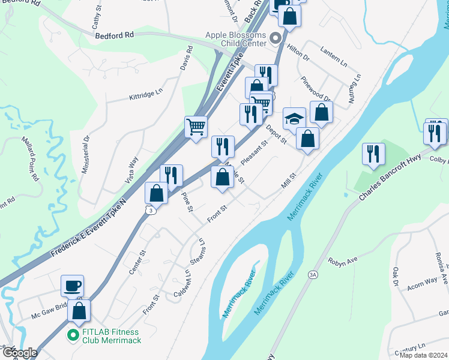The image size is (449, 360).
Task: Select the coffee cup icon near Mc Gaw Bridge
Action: tap(72, 286)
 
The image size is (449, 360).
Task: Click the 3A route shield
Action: tap(313, 274)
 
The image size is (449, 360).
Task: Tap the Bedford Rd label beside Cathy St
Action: tap(114, 35)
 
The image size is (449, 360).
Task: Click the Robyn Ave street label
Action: tap(343, 260)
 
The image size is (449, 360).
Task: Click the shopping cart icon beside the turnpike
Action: tap(196, 127)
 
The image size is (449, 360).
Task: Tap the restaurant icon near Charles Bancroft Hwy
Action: tap(373, 154)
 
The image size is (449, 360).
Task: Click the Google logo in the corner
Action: tap(19, 353)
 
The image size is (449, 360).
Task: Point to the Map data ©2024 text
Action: tap(423, 355)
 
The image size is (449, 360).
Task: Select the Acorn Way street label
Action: tap(423, 281)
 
